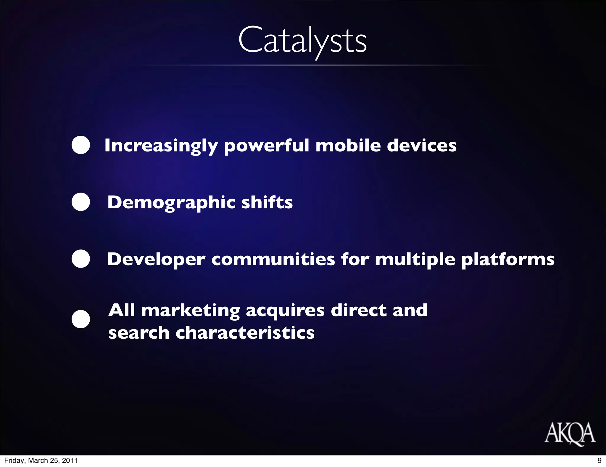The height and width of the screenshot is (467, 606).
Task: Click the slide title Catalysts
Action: tap(302, 41)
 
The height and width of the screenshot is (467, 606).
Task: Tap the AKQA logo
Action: tap(570, 433)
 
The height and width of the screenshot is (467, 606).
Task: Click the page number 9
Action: tap(599, 460)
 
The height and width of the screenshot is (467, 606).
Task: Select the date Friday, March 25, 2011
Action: tap(41, 460)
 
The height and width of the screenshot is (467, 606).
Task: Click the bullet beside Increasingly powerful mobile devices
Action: tap(81, 145)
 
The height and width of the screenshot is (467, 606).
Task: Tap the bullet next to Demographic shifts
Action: tap(81, 202)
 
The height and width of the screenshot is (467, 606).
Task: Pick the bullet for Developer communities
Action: tap(81, 259)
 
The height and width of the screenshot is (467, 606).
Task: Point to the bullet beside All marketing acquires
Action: tap(81, 319)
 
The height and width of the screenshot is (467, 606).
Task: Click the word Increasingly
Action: tap(161, 146)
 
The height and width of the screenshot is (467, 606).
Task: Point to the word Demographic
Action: tap(171, 203)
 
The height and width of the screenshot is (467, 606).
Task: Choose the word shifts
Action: tap(267, 202)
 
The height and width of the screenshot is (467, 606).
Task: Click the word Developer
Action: tap(156, 260)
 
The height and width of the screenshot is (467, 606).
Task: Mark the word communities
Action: tap(273, 259)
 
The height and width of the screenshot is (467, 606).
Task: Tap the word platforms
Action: tap(508, 260)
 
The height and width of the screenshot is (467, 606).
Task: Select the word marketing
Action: tap(191, 311)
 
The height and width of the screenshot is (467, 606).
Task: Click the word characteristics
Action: tap(245, 332)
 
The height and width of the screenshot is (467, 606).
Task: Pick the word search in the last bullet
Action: tap(139, 332)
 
